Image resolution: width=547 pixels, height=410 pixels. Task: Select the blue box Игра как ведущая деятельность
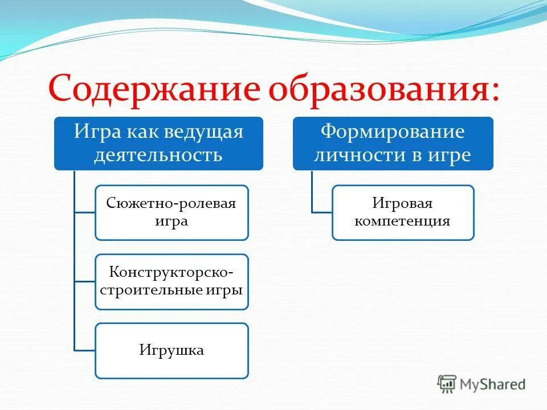159,143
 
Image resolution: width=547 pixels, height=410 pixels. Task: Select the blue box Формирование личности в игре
393,143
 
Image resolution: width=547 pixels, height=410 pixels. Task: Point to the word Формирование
393,132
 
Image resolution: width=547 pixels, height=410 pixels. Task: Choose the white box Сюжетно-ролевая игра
172,212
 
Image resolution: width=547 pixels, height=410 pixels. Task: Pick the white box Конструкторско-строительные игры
172,281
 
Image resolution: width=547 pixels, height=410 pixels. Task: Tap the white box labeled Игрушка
172,350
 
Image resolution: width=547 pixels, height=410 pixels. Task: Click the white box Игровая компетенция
403,212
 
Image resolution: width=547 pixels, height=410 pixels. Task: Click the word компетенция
403,221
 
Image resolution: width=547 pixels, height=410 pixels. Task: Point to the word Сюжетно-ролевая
172,204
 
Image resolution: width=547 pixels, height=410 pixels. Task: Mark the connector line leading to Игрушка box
84,350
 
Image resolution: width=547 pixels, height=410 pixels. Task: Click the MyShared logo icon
447,383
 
